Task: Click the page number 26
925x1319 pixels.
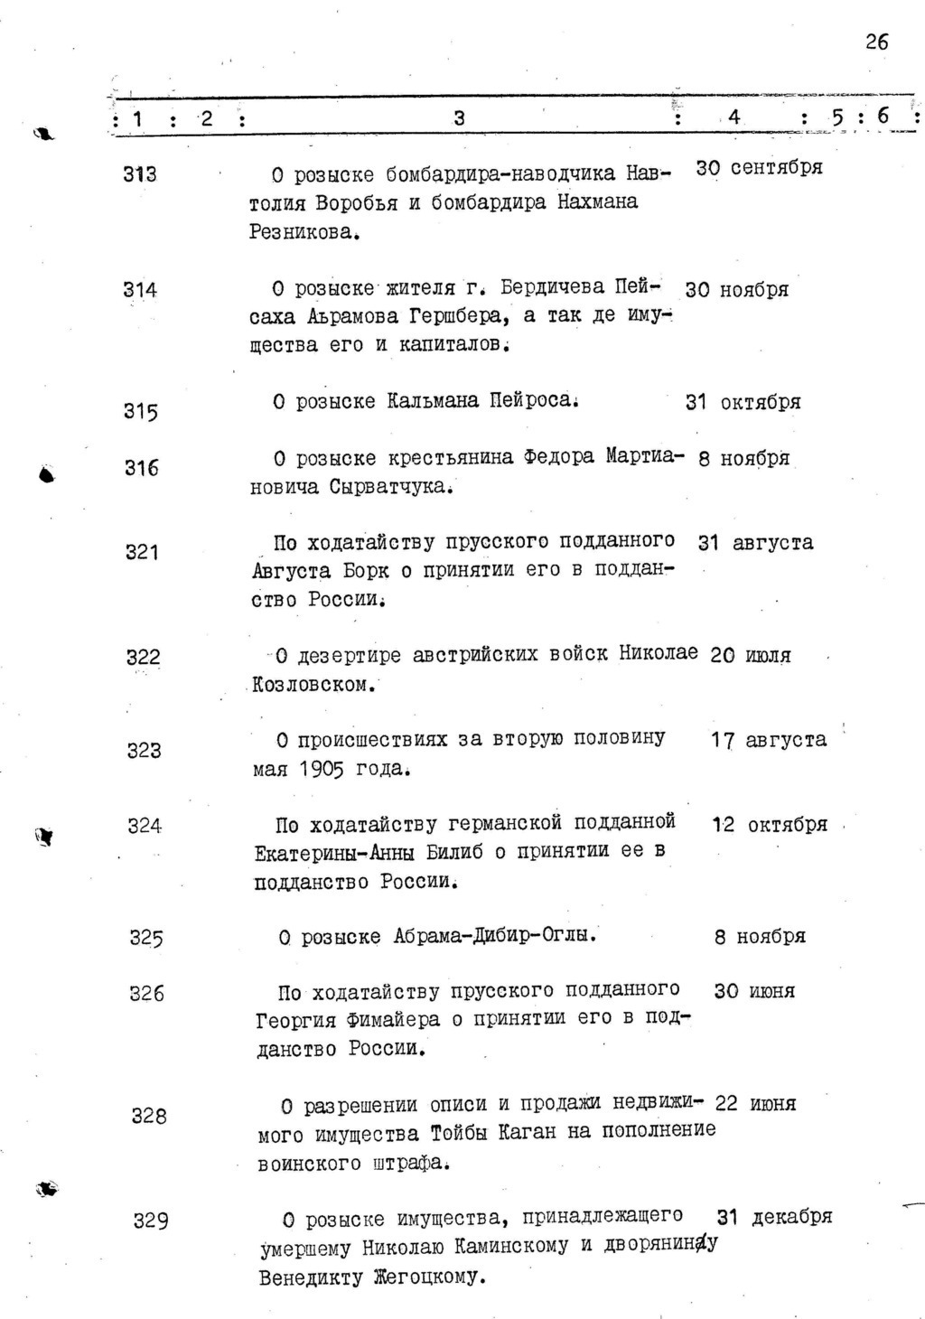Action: (x=875, y=42)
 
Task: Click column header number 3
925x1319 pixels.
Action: (x=459, y=117)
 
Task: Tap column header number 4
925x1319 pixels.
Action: (x=733, y=117)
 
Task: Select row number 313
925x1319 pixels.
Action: (x=140, y=173)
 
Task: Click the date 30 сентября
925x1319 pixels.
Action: (x=759, y=168)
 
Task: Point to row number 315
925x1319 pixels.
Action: (x=140, y=411)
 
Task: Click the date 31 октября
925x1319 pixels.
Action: (x=743, y=402)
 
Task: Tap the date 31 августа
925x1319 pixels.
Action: (x=755, y=543)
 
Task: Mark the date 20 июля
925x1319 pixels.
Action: (x=750, y=655)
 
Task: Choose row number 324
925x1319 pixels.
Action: (x=145, y=826)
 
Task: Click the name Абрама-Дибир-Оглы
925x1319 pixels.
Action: (x=494, y=936)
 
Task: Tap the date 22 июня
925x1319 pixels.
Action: (x=755, y=1103)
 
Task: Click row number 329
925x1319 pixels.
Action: (x=151, y=1221)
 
